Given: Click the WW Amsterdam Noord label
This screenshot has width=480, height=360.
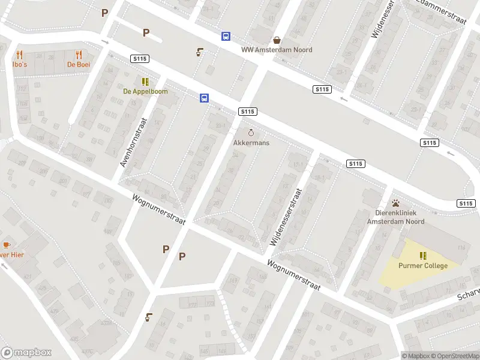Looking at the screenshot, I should (277, 50).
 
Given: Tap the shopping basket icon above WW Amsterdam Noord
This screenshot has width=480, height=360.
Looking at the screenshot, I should (277, 40).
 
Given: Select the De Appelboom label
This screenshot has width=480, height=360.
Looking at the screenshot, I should (145, 92).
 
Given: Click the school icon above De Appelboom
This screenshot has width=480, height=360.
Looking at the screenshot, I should (145, 82).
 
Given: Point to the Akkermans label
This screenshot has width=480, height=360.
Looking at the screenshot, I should (251, 143).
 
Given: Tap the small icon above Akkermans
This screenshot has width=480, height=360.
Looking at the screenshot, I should (251, 133).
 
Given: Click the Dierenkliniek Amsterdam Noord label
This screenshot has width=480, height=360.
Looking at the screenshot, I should (395, 217).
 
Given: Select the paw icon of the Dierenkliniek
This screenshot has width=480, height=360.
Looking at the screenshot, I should (395, 203).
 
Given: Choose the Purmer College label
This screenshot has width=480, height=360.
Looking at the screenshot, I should (423, 266).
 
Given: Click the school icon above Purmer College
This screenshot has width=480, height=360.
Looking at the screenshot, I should (423, 256).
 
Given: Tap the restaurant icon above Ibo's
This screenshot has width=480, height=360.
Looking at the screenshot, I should (19, 54).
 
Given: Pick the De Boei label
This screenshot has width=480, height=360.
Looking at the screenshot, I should (78, 64).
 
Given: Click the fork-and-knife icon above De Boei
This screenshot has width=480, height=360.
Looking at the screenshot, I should (78, 54).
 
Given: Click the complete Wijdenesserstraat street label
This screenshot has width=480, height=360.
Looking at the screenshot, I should (286, 216).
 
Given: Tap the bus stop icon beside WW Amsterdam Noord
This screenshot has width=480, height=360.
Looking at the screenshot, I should (226, 37).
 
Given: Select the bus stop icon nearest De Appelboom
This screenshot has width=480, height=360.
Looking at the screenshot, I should (204, 98).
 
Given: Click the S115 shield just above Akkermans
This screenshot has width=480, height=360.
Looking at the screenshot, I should (247, 112).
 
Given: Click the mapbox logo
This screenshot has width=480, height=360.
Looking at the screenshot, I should (26, 353).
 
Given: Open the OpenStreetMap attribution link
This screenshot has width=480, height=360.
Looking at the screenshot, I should (455, 356).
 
